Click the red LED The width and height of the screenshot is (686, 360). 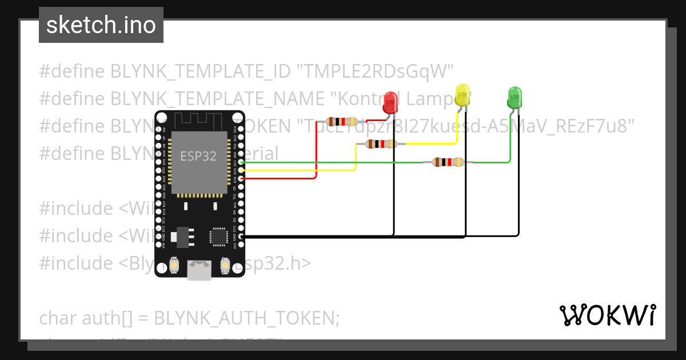(x=390, y=102)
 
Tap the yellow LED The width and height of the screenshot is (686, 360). (x=462, y=95)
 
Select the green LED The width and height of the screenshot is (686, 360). (x=514, y=98)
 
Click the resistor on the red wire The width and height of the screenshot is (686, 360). (x=341, y=121)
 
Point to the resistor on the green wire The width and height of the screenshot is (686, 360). (x=448, y=162)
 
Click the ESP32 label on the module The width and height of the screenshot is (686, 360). (x=198, y=156)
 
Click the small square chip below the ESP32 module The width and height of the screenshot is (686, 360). (x=218, y=236)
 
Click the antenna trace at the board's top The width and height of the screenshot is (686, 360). (x=199, y=121)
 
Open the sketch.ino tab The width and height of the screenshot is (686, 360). (x=101, y=25)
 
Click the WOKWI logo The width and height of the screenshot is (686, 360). (x=607, y=315)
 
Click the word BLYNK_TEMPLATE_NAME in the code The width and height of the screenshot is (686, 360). (x=217, y=98)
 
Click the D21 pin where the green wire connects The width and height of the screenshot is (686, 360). (x=242, y=162)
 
